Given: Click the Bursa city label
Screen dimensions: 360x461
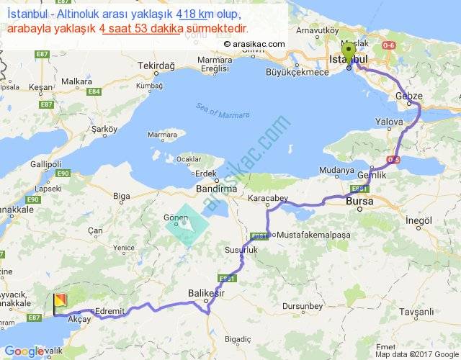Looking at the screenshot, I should [359, 201].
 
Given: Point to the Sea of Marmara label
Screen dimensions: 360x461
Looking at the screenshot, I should [222, 111].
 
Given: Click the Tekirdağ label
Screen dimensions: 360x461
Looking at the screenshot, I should [156, 66].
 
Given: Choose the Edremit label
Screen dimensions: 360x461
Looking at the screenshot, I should [110, 310].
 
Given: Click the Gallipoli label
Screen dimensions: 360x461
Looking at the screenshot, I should [44, 163].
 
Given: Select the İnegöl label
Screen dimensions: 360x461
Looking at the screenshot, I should [418, 220].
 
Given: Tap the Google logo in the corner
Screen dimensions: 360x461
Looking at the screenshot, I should [27, 351].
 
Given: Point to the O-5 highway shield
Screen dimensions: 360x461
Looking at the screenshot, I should [393, 159].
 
